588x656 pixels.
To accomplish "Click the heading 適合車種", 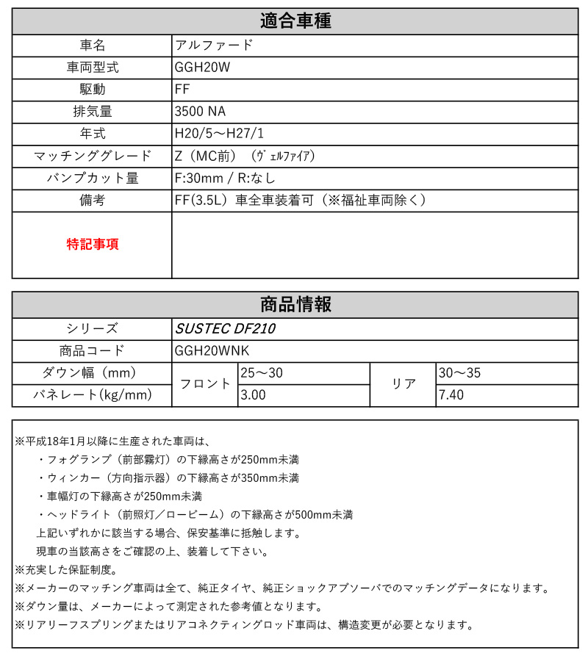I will (x=295, y=21).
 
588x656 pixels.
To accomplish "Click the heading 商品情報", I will (x=295, y=304).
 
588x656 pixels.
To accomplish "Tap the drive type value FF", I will (x=183, y=89).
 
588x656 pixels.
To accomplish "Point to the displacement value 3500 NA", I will (x=200, y=112).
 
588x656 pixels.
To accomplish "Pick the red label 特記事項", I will (x=92, y=245).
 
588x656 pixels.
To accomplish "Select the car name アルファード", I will (x=214, y=45).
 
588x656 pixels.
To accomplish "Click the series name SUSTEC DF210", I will (x=225, y=328).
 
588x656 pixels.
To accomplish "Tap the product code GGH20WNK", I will (x=212, y=350).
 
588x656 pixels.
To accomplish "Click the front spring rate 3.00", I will (x=254, y=396).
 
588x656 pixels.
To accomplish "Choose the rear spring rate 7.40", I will (x=451, y=396).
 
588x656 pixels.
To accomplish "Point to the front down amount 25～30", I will (x=262, y=373).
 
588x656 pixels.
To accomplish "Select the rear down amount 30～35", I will (x=459, y=373).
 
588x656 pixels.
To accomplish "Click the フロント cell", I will (x=205, y=384).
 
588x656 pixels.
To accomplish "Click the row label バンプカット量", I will (x=92, y=178).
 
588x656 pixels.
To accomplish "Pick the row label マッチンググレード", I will (x=92, y=156).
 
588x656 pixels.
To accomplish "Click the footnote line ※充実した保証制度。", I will (x=65, y=569).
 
